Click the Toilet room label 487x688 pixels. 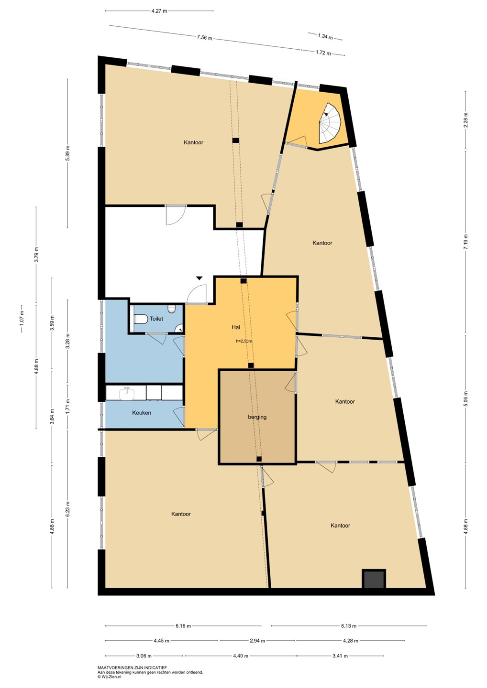coord(156,319)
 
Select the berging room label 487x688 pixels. coord(257,417)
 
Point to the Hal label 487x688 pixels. coord(236,327)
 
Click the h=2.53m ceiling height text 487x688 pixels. coord(244,341)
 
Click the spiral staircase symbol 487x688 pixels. coord(330,123)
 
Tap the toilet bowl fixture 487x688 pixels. coord(141,319)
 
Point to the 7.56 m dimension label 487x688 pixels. coord(205,38)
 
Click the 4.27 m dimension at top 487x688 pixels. coord(159,11)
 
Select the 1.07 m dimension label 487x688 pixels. coord(22,319)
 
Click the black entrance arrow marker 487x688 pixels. coord(199,278)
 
